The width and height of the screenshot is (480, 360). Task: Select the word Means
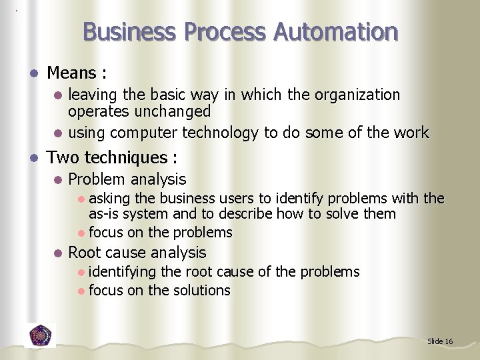point(72,72)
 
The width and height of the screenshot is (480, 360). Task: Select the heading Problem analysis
point(127,179)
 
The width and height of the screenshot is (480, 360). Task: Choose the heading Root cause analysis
point(137,253)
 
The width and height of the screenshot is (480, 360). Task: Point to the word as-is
point(104,214)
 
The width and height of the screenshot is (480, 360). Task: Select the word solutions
point(200,290)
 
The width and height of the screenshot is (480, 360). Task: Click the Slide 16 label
point(440,341)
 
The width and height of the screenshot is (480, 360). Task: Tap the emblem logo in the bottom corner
point(41,335)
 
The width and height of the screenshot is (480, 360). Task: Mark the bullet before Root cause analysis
point(58,253)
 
